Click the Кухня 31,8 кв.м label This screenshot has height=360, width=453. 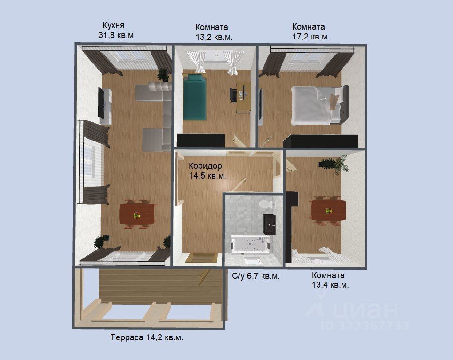coord(116,30)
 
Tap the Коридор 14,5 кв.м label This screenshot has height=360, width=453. coord(207,171)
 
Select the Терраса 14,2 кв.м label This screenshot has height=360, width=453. coord(147,337)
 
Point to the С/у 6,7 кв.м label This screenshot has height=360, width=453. coord(256,276)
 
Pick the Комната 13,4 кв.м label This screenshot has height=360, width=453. coord(330,280)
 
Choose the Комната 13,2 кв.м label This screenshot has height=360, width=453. coord(214,32)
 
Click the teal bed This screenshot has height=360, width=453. coord(194,96)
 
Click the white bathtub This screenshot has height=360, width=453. coord(251,245)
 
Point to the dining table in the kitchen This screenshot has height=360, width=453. coord(137,214)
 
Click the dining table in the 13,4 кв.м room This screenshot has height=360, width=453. coord(329,210)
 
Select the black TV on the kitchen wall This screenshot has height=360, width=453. coord(102,103)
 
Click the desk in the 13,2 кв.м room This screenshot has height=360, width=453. coord(243,97)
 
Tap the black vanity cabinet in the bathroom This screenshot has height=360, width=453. coord(270,224)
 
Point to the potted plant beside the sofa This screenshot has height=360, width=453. coord(163,75)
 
